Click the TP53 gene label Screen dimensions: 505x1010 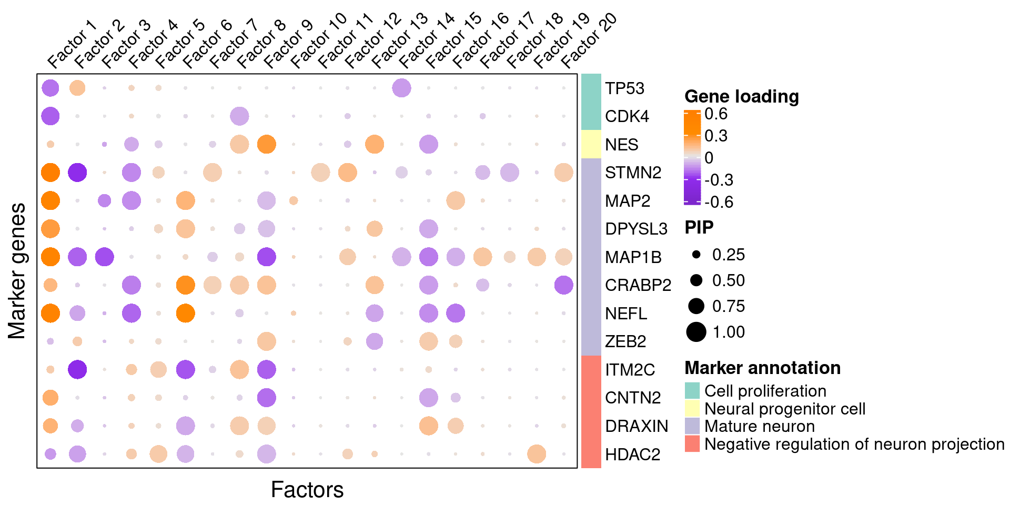pyautogui.click(x=624, y=88)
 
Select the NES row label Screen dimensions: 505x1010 pyautogui.click(x=621, y=145)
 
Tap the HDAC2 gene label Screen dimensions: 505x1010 pyautogui.click(x=632, y=454)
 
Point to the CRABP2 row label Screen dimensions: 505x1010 pyautogui.click(x=638, y=285)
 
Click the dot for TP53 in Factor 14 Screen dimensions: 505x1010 pyautogui.click(x=401, y=88)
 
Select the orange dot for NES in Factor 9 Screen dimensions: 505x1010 pyautogui.click(x=267, y=144)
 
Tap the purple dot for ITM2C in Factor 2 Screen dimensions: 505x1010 pyautogui.click(x=77, y=369)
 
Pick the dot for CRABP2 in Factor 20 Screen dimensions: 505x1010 pyautogui.click(x=563, y=285)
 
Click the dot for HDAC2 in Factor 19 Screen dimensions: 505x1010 pyautogui.click(x=537, y=453)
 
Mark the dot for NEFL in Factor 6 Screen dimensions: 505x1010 pyautogui.click(x=185, y=313)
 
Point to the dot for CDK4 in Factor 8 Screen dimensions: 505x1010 pyautogui.click(x=239, y=116)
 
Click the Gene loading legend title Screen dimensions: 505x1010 pyautogui.click(x=741, y=96)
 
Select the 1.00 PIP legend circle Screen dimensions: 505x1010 pyautogui.click(x=696, y=332)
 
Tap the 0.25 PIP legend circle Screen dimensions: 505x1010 pyautogui.click(x=696, y=255)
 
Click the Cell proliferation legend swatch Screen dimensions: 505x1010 pyautogui.click(x=692, y=391)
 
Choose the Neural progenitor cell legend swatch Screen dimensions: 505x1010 pyautogui.click(x=692, y=409)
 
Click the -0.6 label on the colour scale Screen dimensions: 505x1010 pyautogui.click(x=719, y=202)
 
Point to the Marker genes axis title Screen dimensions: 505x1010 pyautogui.click(x=17, y=271)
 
